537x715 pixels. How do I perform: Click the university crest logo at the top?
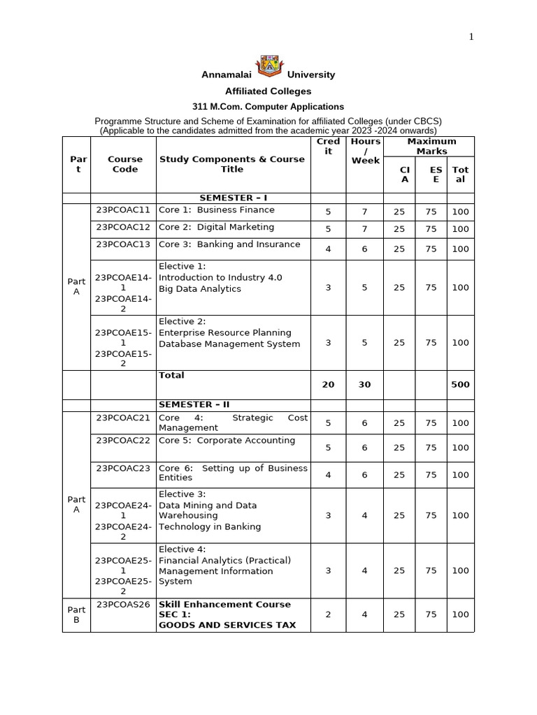click(268, 67)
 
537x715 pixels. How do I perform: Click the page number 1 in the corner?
click(471, 37)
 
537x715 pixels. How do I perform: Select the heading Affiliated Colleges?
click(268, 91)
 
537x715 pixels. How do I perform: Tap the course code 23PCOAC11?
click(123, 209)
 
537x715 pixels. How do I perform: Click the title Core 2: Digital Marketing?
click(216, 227)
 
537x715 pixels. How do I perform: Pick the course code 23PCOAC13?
click(123, 244)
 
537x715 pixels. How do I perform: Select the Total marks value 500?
click(460, 384)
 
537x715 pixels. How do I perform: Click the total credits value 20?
click(328, 384)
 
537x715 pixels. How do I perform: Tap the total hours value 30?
click(364, 384)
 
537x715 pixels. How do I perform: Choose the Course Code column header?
click(124, 164)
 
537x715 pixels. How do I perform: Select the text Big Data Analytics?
click(199, 288)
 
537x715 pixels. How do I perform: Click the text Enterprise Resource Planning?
click(224, 332)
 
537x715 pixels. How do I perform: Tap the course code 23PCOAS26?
click(123, 604)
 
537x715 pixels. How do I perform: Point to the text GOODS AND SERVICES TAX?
click(227, 625)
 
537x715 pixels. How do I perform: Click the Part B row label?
click(76, 614)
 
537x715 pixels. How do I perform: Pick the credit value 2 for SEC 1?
click(328, 614)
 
